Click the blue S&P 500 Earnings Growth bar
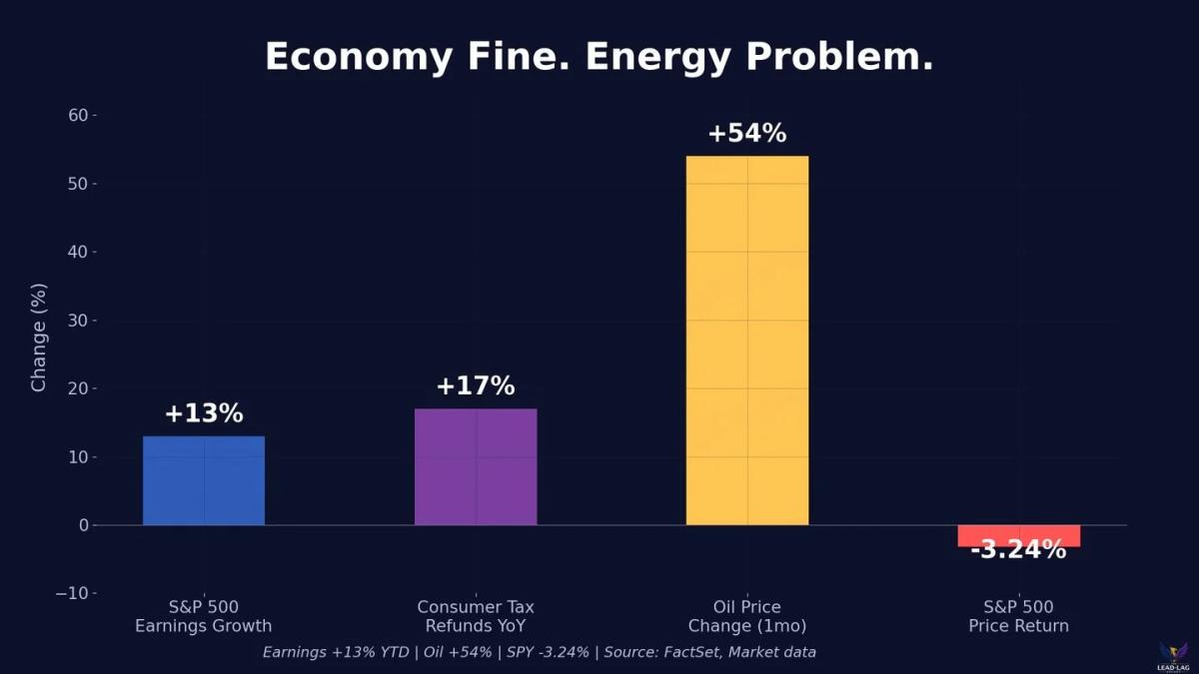click(204, 480)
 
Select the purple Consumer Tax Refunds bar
click(476, 466)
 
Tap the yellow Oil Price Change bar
click(747, 340)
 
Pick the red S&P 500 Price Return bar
click(1018, 534)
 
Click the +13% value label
click(204, 413)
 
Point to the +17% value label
click(476, 386)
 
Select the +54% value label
click(747, 133)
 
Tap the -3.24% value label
click(1018, 550)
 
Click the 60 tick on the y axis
click(78, 116)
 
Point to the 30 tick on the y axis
click(78, 321)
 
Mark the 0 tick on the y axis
click(84, 525)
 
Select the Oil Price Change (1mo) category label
click(747, 617)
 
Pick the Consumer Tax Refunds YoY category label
click(476, 617)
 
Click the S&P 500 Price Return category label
click(1018, 617)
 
